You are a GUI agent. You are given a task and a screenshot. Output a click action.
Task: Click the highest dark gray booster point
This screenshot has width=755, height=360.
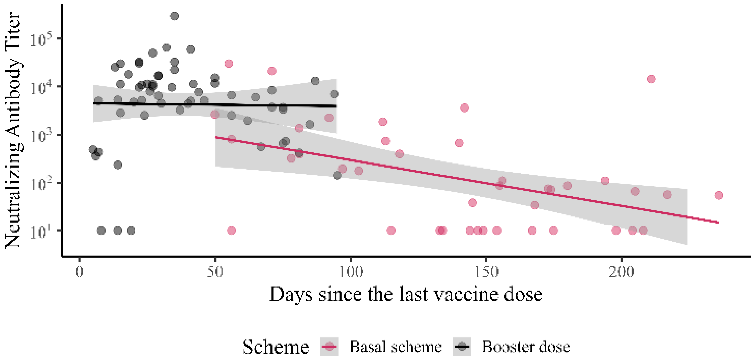click(174, 16)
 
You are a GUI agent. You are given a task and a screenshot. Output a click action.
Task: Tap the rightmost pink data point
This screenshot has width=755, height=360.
click(719, 195)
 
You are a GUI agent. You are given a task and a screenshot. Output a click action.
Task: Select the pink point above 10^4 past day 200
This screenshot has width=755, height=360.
click(651, 79)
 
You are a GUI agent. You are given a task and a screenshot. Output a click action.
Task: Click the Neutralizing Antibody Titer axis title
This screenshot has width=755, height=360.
click(13, 131)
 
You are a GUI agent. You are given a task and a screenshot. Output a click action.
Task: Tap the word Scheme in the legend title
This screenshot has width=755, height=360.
click(276, 347)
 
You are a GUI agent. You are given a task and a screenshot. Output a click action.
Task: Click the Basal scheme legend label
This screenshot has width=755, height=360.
click(396, 347)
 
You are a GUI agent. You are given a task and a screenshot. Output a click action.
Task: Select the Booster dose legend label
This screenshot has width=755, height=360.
click(526, 347)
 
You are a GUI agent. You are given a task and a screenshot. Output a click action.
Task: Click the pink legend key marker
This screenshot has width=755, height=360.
click(330, 347)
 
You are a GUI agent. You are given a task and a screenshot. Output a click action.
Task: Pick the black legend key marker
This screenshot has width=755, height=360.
click(462, 347)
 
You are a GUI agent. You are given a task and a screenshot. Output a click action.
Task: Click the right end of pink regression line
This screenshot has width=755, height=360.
click(718, 223)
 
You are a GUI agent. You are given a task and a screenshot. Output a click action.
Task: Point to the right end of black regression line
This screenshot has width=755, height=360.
click(336, 106)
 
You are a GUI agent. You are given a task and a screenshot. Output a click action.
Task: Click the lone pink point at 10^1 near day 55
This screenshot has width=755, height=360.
click(231, 231)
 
